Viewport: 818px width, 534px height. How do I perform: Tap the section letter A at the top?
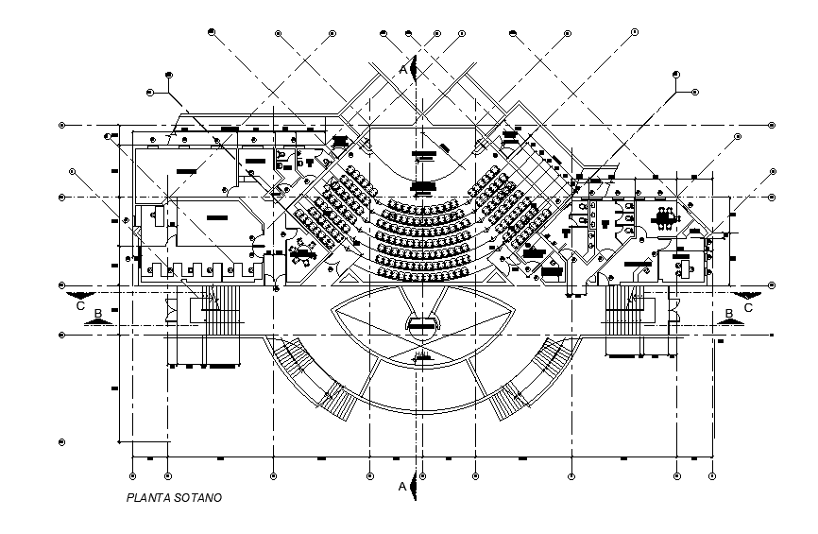click(x=403, y=69)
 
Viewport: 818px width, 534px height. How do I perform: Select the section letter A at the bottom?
click(x=403, y=486)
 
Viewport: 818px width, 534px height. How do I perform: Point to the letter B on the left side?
click(x=97, y=312)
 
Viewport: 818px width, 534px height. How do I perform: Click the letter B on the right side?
click(x=728, y=313)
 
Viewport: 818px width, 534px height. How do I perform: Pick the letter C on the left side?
click(x=80, y=305)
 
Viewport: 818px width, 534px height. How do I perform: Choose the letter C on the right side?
click(x=748, y=306)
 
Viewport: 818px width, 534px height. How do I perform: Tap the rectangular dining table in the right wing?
click(x=665, y=219)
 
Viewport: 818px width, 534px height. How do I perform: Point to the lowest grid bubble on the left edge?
click(x=62, y=441)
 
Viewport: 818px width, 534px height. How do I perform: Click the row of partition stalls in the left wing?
click(x=198, y=269)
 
